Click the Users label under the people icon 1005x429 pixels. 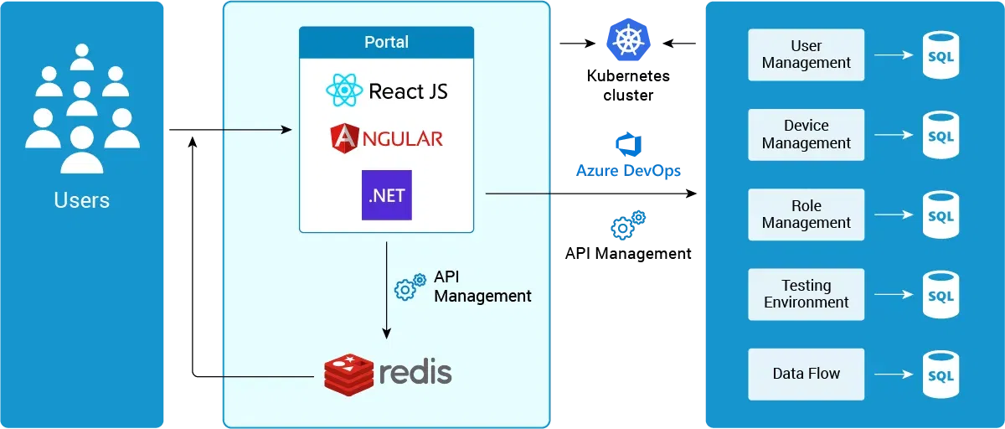click(81, 200)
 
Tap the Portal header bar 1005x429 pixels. click(386, 42)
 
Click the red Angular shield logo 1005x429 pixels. click(343, 138)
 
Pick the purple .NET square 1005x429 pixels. click(386, 195)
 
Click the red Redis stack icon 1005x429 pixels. click(348, 374)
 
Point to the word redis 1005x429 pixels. click(415, 372)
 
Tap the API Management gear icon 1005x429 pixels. click(410, 287)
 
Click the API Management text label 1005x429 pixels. click(482, 287)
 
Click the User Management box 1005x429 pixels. click(806, 54)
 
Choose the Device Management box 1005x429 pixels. click(806, 134)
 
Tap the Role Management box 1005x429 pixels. click(806, 214)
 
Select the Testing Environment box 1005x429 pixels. click(806, 294)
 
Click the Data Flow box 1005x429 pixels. click(806, 374)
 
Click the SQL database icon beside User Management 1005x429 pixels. click(941, 55)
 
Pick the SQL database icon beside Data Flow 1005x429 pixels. click(941, 375)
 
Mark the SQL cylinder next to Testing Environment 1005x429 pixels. click(941, 295)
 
